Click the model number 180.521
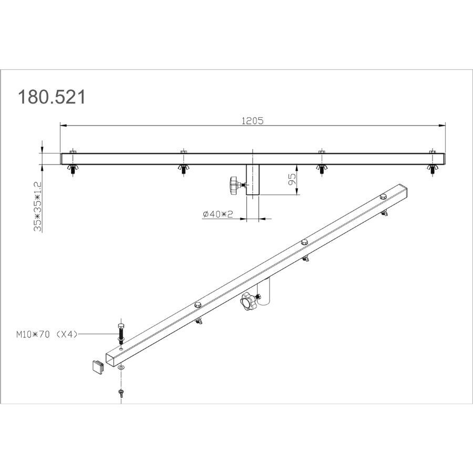52,97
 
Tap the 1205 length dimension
252,121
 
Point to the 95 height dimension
292,179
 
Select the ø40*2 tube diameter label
218,214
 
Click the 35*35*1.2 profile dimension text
38,207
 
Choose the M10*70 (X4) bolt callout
47,334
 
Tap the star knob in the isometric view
248,301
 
